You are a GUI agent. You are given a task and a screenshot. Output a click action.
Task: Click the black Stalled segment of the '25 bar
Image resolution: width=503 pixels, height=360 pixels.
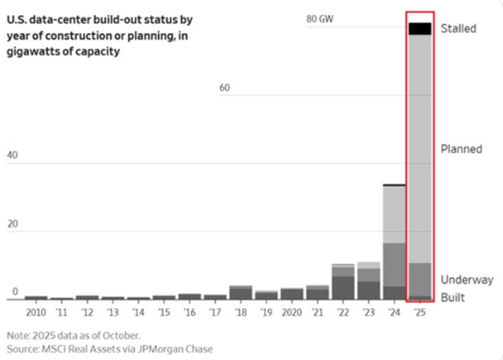pyautogui.click(x=419, y=28)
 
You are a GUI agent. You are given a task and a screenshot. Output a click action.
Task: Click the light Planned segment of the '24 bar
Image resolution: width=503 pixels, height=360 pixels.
pyautogui.click(x=394, y=214)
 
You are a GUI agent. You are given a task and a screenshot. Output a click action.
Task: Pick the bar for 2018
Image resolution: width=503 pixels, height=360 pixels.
pyautogui.click(x=240, y=292)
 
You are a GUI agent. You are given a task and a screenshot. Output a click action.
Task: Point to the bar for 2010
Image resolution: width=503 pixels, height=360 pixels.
pyautogui.click(x=36, y=297)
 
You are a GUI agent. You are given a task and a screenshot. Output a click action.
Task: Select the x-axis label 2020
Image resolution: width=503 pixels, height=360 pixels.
pyautogui.click(x=291, y=313)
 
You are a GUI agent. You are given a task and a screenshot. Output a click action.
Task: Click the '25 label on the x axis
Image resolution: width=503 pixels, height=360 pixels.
pyautogui.click(x=419, y=313)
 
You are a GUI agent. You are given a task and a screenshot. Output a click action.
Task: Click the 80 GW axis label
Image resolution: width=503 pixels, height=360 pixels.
pyautogui.click(x=319, y=19)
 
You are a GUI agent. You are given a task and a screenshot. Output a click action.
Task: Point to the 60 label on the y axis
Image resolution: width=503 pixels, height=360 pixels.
pyautogui.click(x=225, y=88)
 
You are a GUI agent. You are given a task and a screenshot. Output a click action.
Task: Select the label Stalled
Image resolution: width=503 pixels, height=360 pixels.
pyautogui.click(x=458, y=28)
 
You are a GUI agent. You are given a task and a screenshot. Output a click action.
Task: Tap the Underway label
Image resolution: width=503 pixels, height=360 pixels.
pyautogui.click(x=467, y=279)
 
